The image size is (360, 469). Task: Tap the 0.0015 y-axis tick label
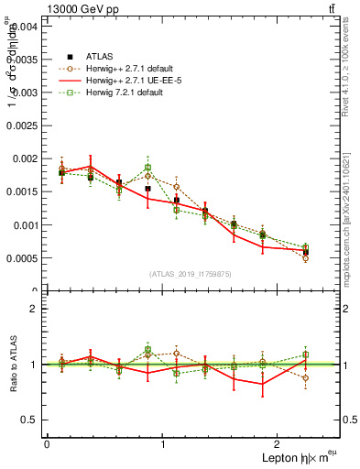click(x=24, y=191)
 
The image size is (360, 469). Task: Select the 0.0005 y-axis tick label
click(x=24, y=257)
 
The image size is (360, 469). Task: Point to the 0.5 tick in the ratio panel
click(x=31, y=420)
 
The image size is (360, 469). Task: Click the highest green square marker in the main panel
click(x=147, y=168)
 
